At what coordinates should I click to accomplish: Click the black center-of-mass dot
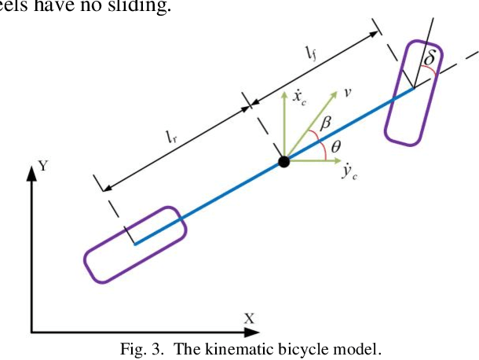283,162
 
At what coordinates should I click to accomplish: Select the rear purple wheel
135,243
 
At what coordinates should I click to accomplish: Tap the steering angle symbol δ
430,58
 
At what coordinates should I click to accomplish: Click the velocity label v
348,93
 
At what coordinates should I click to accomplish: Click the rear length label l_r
170,135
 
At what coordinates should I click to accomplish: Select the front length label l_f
311,53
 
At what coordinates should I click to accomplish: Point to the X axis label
249,318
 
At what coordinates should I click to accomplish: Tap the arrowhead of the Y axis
32,173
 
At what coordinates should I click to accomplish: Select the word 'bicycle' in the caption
288,350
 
